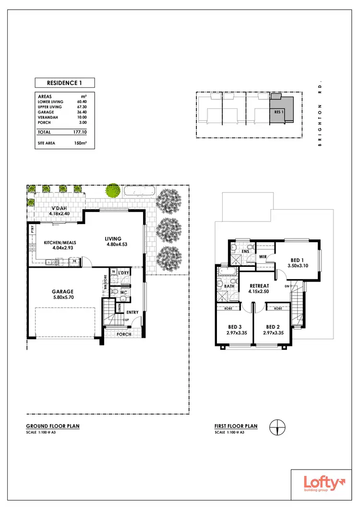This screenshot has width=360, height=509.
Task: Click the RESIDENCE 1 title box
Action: [64, 83]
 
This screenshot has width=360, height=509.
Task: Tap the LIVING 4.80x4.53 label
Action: [114, 241]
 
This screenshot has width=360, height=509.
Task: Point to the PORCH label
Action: [124, 334]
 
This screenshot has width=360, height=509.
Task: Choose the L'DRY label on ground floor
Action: [124, 273]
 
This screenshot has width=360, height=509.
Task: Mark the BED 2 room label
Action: [273, 330]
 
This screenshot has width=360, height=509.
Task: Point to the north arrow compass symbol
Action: [277, 426]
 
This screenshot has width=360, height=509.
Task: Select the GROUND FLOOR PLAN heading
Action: [53, 426]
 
